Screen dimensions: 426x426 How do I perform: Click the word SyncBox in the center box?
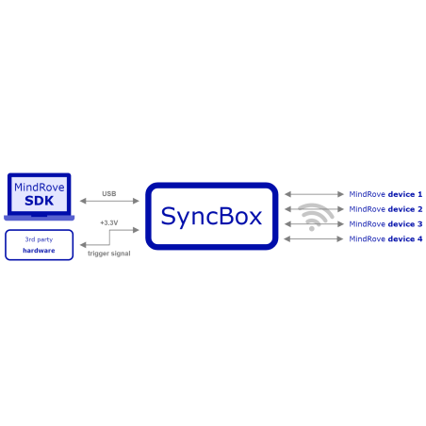click(x=211, y=216)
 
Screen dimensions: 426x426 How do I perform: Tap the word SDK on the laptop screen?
click(x=40, y=201)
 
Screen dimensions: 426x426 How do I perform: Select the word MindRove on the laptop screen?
click(x=40, y=188)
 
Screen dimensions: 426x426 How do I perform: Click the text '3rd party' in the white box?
click(x=39, y=239)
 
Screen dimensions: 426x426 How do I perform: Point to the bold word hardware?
click(x=39, y=251)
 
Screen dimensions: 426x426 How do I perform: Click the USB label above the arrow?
click(x=109, y=193)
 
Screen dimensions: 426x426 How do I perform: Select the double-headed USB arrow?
click(x=109, y=201)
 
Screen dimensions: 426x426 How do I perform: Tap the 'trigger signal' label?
click(x=108, y=254)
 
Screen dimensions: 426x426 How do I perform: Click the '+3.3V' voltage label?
click(x=109, y=222)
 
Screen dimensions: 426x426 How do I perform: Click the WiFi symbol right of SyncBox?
click(x=314, y=216)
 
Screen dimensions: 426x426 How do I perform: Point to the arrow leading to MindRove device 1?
click(x=314, y=194)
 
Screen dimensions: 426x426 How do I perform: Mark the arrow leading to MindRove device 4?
click(x=314, y=239)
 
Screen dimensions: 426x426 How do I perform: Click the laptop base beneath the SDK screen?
click(x=40, y=218)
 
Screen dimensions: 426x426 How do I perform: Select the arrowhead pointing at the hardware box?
click(x=82, y=245)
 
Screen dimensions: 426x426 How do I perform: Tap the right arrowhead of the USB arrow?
click(x=137, y=201)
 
